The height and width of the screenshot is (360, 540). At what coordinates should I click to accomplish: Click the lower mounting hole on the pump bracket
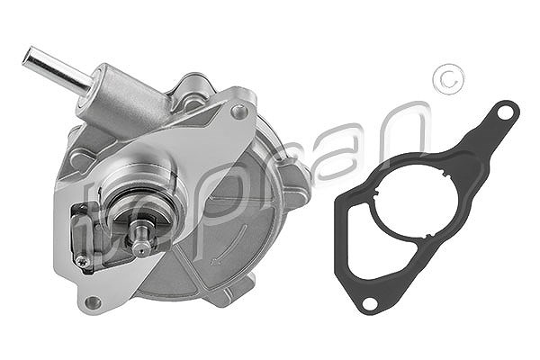point(93,302)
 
